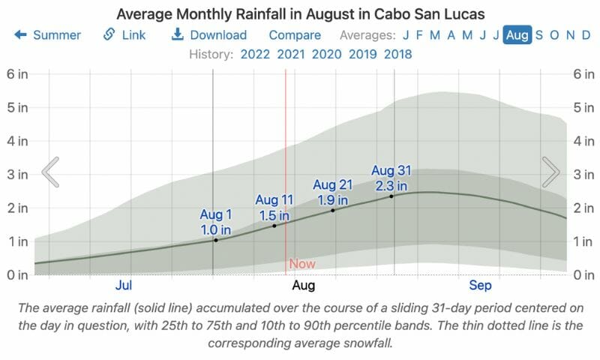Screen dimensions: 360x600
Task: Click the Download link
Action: [209, 35]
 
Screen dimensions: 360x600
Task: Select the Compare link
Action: [295, 35]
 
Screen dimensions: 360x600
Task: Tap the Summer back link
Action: [48, 35]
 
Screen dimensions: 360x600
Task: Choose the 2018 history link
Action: [397, 54]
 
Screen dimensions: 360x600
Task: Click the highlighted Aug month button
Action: [517, 35]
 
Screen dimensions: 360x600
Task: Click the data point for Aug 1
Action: [216, 240]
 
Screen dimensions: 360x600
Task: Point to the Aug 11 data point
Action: [274, 226]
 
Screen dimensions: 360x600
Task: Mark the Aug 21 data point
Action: [333, 210]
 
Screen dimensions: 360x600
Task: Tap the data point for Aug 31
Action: [391, 196]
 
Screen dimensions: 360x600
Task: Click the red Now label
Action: [302, 264]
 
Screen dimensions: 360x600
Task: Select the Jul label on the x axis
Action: [124, 286]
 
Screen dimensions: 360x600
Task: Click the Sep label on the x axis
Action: [480, 286]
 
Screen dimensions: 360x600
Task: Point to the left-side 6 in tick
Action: [16, 73]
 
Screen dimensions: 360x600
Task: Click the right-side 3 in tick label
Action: [583, 174]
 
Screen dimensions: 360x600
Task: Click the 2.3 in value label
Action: [391, 185]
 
